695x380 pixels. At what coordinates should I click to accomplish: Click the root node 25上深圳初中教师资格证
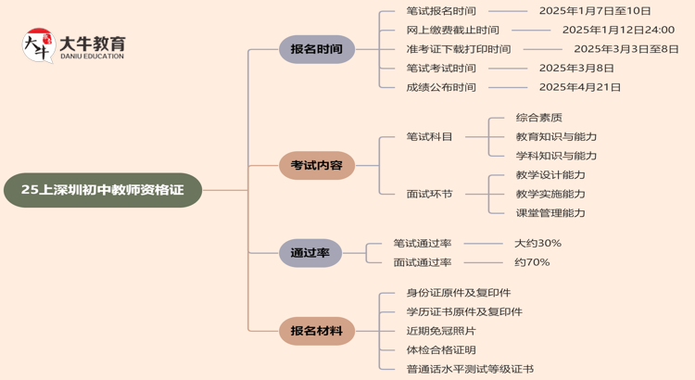103,190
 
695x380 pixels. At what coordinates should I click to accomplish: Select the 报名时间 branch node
317,49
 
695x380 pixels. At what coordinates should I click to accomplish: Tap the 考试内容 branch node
317,166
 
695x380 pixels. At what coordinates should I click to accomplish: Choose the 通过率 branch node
310,253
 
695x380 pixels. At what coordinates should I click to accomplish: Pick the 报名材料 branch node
317,331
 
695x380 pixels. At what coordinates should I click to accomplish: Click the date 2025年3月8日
576,68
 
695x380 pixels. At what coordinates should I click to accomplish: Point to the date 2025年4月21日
580,87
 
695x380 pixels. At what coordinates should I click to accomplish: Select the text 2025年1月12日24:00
618,30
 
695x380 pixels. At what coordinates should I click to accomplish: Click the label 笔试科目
430,137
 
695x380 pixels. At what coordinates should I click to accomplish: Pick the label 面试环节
430,195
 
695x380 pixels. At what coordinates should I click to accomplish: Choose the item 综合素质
539,118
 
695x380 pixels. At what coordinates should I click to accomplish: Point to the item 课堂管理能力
550,213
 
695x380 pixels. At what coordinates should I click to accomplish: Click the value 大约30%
538,244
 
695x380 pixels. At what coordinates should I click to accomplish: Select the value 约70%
533,262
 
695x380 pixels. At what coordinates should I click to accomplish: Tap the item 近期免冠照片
441,331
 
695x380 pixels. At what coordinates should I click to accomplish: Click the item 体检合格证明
441,350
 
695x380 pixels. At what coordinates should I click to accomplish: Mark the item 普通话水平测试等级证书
470,369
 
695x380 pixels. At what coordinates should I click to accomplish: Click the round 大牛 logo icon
38,45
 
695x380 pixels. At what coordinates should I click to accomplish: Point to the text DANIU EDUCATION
92,57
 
